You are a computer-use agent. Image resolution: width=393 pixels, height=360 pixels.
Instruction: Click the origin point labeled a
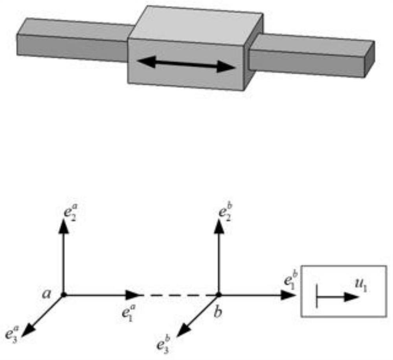click(x=64, y=295)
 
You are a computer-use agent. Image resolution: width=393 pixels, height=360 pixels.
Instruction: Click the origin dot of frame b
click(x=219, y=295)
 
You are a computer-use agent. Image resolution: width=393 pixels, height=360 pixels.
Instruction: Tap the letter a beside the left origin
click(x=46, y=294)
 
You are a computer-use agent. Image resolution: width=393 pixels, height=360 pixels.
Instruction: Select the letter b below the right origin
click(x=218, y=312)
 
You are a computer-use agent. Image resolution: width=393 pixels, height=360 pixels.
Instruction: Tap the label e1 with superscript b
click(x=291, y=280)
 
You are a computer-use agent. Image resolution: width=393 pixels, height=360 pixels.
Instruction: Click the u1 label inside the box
click(x=361, y=286)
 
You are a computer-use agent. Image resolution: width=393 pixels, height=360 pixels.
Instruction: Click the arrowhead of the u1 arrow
click(x=352, y=297)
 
